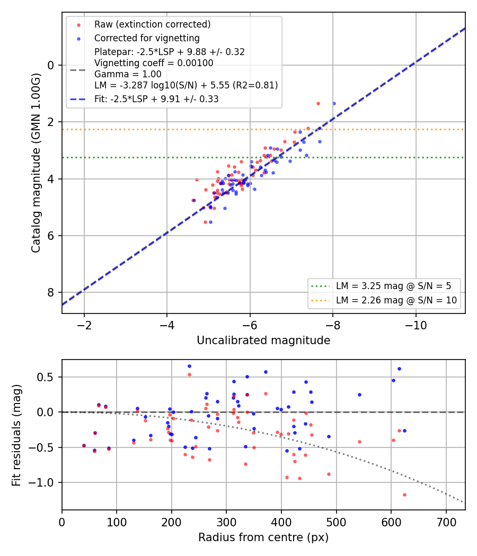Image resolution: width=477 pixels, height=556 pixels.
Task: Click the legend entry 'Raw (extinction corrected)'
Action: point(152,24)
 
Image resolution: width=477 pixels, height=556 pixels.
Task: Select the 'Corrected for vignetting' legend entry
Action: point(147,38)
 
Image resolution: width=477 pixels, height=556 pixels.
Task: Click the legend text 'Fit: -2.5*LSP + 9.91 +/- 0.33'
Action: point(156,99)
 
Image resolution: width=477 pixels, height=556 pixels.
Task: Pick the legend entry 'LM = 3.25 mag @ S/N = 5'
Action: point(393,286)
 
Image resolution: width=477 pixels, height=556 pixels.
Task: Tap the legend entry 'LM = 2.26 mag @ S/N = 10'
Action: point(396,300)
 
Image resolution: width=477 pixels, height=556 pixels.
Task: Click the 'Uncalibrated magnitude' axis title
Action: point(263,340)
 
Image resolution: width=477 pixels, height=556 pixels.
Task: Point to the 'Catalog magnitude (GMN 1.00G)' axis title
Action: point(36,163)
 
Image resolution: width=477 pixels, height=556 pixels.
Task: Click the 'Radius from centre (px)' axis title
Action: point(263,537)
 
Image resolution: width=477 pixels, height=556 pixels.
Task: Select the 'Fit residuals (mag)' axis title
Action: point(16,435)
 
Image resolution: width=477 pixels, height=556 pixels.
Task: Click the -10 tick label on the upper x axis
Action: point(416,325)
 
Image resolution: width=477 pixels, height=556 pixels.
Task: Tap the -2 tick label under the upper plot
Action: point(84,325)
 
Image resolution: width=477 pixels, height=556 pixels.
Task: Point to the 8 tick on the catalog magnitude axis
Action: point(51,292)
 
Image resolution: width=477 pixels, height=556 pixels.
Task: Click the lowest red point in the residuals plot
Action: point(404,495)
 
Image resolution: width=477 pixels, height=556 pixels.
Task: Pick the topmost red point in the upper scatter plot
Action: point(318,104)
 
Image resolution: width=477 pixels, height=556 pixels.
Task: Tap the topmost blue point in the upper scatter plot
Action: point(334,104)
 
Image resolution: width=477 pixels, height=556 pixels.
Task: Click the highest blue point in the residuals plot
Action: point(189,366)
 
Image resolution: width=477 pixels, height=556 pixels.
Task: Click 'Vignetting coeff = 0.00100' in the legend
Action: point(154,63)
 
